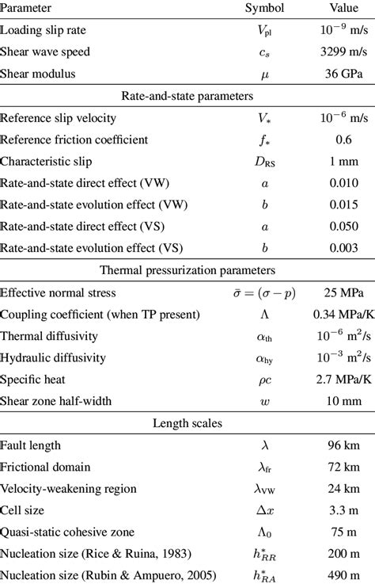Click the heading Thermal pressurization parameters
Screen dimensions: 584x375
pos(187,268)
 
